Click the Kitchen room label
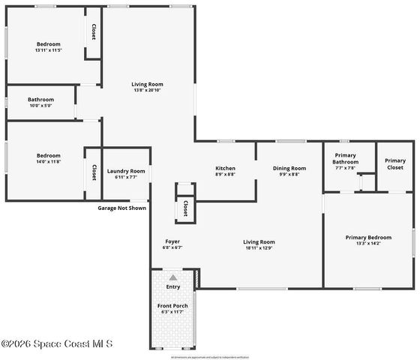coord(225,169)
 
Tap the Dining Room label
coord(289,169)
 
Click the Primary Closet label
coord(394,164)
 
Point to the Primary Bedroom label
coord(368,238)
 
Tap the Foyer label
coord(172,241)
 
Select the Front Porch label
coord(172,306)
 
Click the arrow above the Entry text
coord(173,277)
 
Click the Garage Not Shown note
coord(121,208)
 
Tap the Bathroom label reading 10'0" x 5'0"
coord(41,106)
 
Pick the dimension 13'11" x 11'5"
coord(49,50)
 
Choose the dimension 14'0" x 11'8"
coord(49,161)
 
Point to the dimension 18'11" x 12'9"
coord(259,248)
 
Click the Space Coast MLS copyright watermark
coord(57,343)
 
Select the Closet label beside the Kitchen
coord(184,208)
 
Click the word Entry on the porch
coord(173,286)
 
